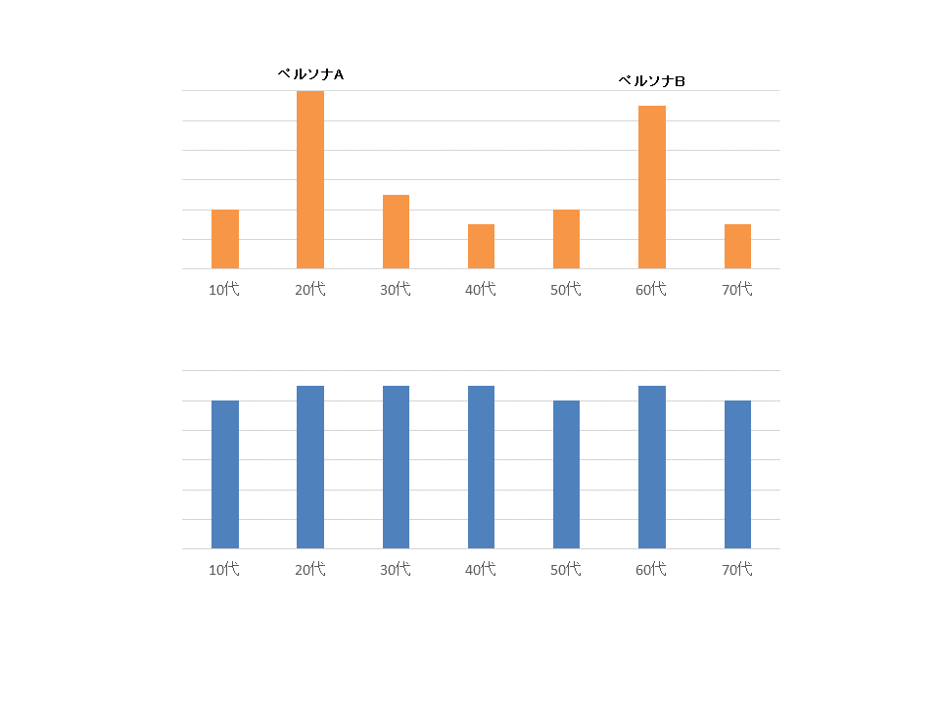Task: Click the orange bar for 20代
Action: pyautogui.click(x=310, y=180)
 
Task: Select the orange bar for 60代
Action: pyautogui.click(x=652, y=187)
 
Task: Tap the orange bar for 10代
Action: pyautogui.click(x=225, y=239)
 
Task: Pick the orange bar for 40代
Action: pyautogui.click(x=481, y=247)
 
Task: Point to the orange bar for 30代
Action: pyautogui.click(x=396, y=232)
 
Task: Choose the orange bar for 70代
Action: pyautogui.click(x=737, y=247)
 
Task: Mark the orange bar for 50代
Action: pyautogui.click(x=566, y=239)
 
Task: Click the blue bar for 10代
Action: pyautogui.click(x=225, y=475)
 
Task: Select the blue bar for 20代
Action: pyautogui.click(x=310, y=467)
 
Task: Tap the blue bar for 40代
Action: pyautogui.click(x=481, y=467)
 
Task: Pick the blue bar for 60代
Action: pyautogui.click(x=652, y=467)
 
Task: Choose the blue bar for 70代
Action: pyautogui.click(x=737, y=475)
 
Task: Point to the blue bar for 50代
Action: pyautogui.click(x=566, y=475)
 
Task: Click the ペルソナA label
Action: pyautogui.click(x=310, y=74)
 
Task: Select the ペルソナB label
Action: pyautogui.click(x=652, y=81)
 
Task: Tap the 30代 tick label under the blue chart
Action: pyautogui.click(x=396, y=569)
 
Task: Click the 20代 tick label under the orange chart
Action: pyautogui.click(x=310, y=289)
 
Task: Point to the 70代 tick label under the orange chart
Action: pyautogui.click(x=737, y=289)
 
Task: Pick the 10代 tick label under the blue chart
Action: pyautogui.click(x=224, y=569)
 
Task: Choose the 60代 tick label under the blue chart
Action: pyautogui.click(x=652, y=569)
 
